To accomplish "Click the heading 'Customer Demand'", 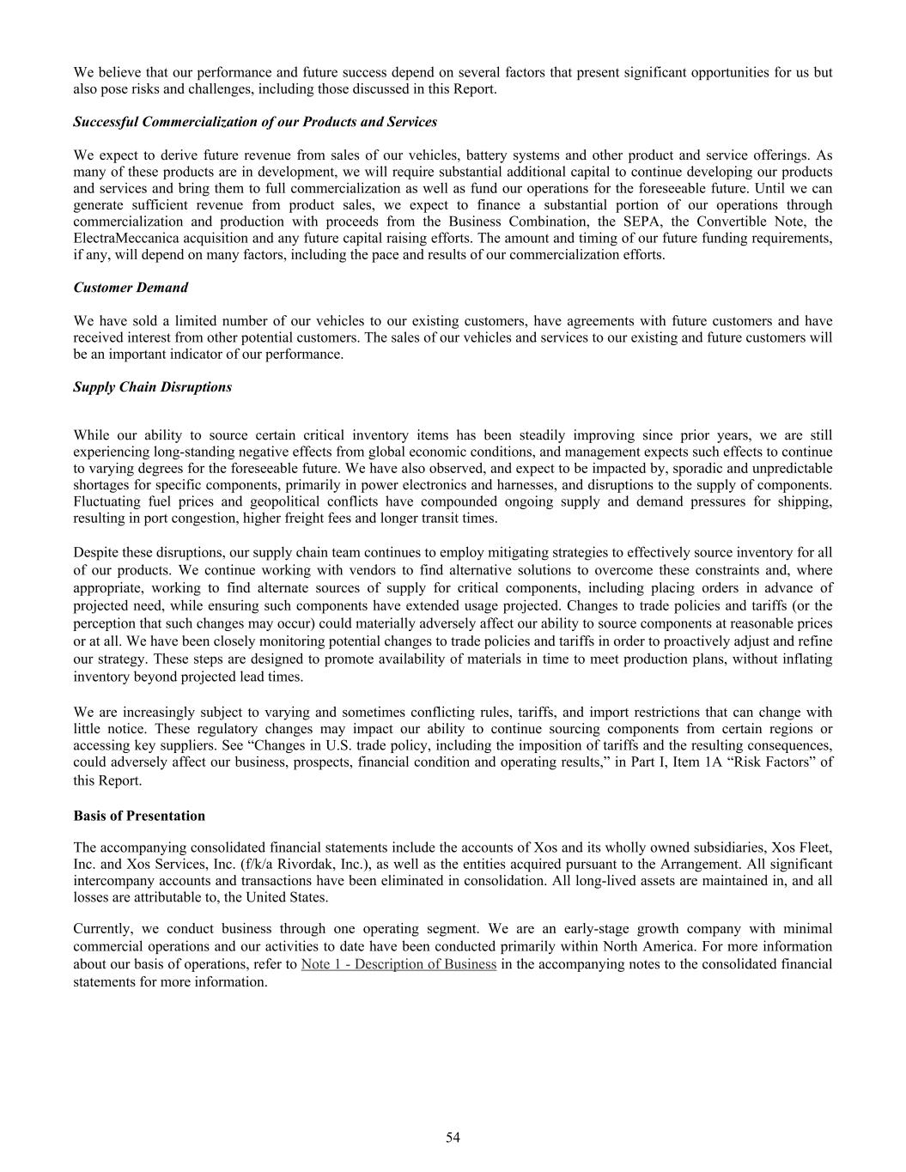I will point(131,288).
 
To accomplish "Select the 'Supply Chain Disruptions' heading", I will point(152,387).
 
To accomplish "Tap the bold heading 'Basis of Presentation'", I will point(139,816).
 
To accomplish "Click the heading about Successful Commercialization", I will point(255,122).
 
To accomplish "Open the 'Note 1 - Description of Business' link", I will point(398,964).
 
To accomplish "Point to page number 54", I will point(453,1138).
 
